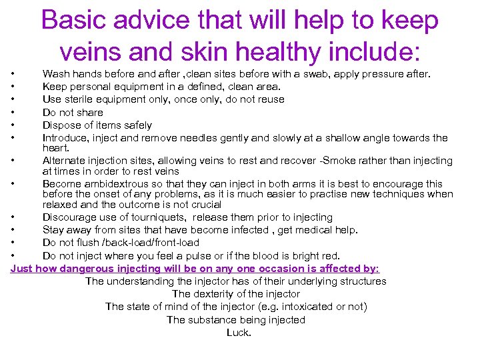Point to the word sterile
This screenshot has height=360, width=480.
point(77,99)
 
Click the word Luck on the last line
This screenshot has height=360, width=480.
point(238,332)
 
